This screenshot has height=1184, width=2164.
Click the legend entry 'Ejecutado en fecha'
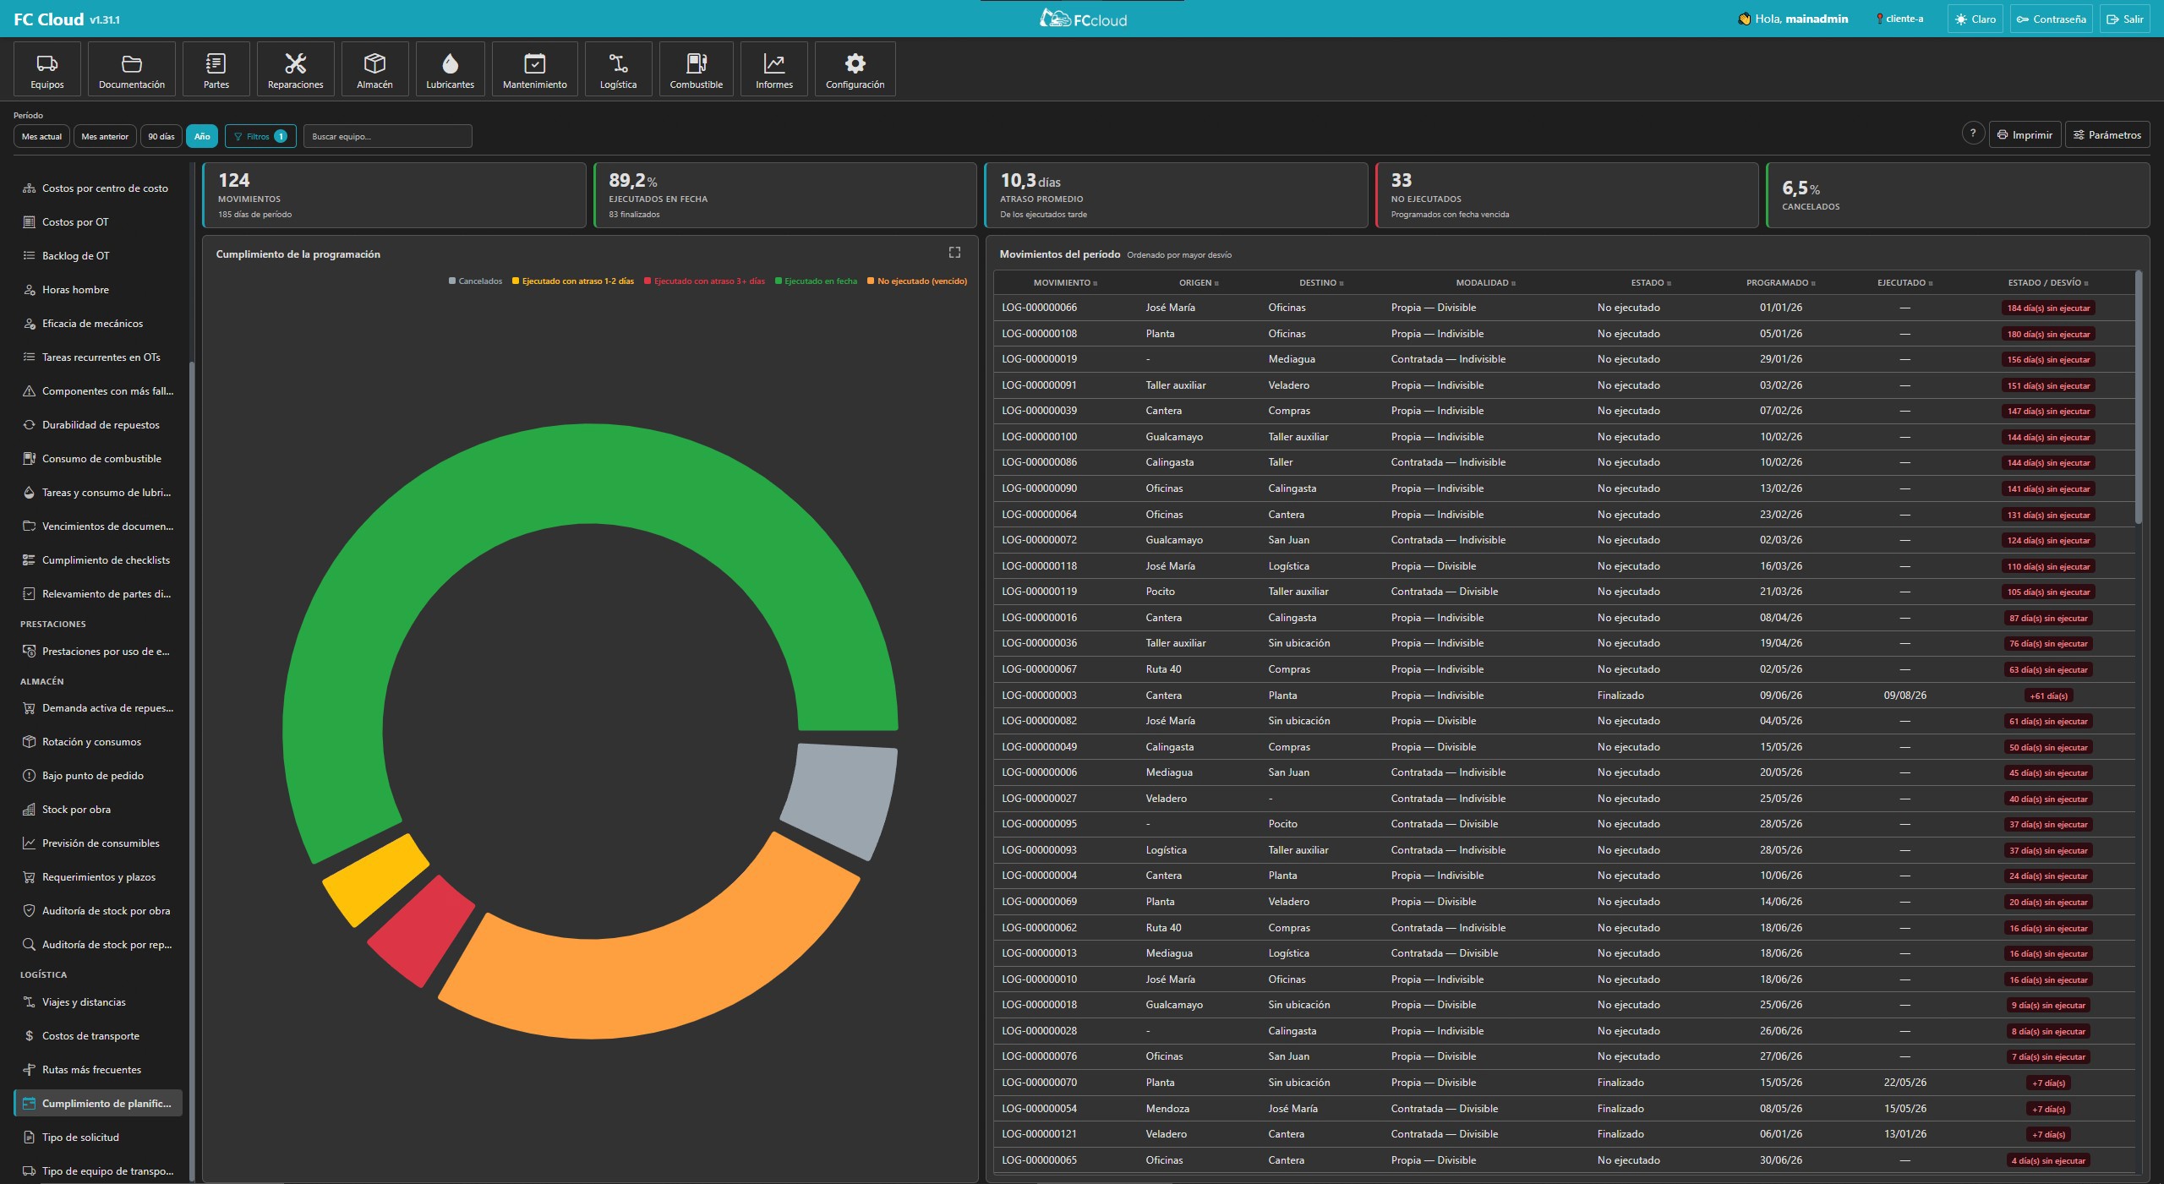tap(816, 281)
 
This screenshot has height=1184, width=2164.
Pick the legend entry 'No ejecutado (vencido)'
tap(917, 281)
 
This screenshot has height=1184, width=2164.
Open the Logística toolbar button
tap(618, 69)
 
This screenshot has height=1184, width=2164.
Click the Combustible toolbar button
tap(696, 69)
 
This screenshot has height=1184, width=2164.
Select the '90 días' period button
tap(161, 136)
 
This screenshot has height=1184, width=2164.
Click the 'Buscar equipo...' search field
tap(387, 136)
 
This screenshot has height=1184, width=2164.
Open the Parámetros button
tap(2107, 135)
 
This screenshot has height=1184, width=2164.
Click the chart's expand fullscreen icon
tap(954, 252)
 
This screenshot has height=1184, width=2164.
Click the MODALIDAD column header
tap(1482, 283)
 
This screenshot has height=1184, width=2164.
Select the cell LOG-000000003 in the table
tap(1039, 696)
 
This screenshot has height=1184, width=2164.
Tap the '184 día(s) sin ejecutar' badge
tap(2048, 308)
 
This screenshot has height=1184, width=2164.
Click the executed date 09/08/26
tap(1904, 696)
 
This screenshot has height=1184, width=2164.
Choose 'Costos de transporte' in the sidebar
tap(90, 1036)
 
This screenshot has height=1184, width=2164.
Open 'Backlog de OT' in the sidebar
tap(75, 256)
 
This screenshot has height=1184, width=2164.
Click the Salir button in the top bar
tap(2124, 19)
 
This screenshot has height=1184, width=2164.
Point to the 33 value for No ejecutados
tap(1402, 180)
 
